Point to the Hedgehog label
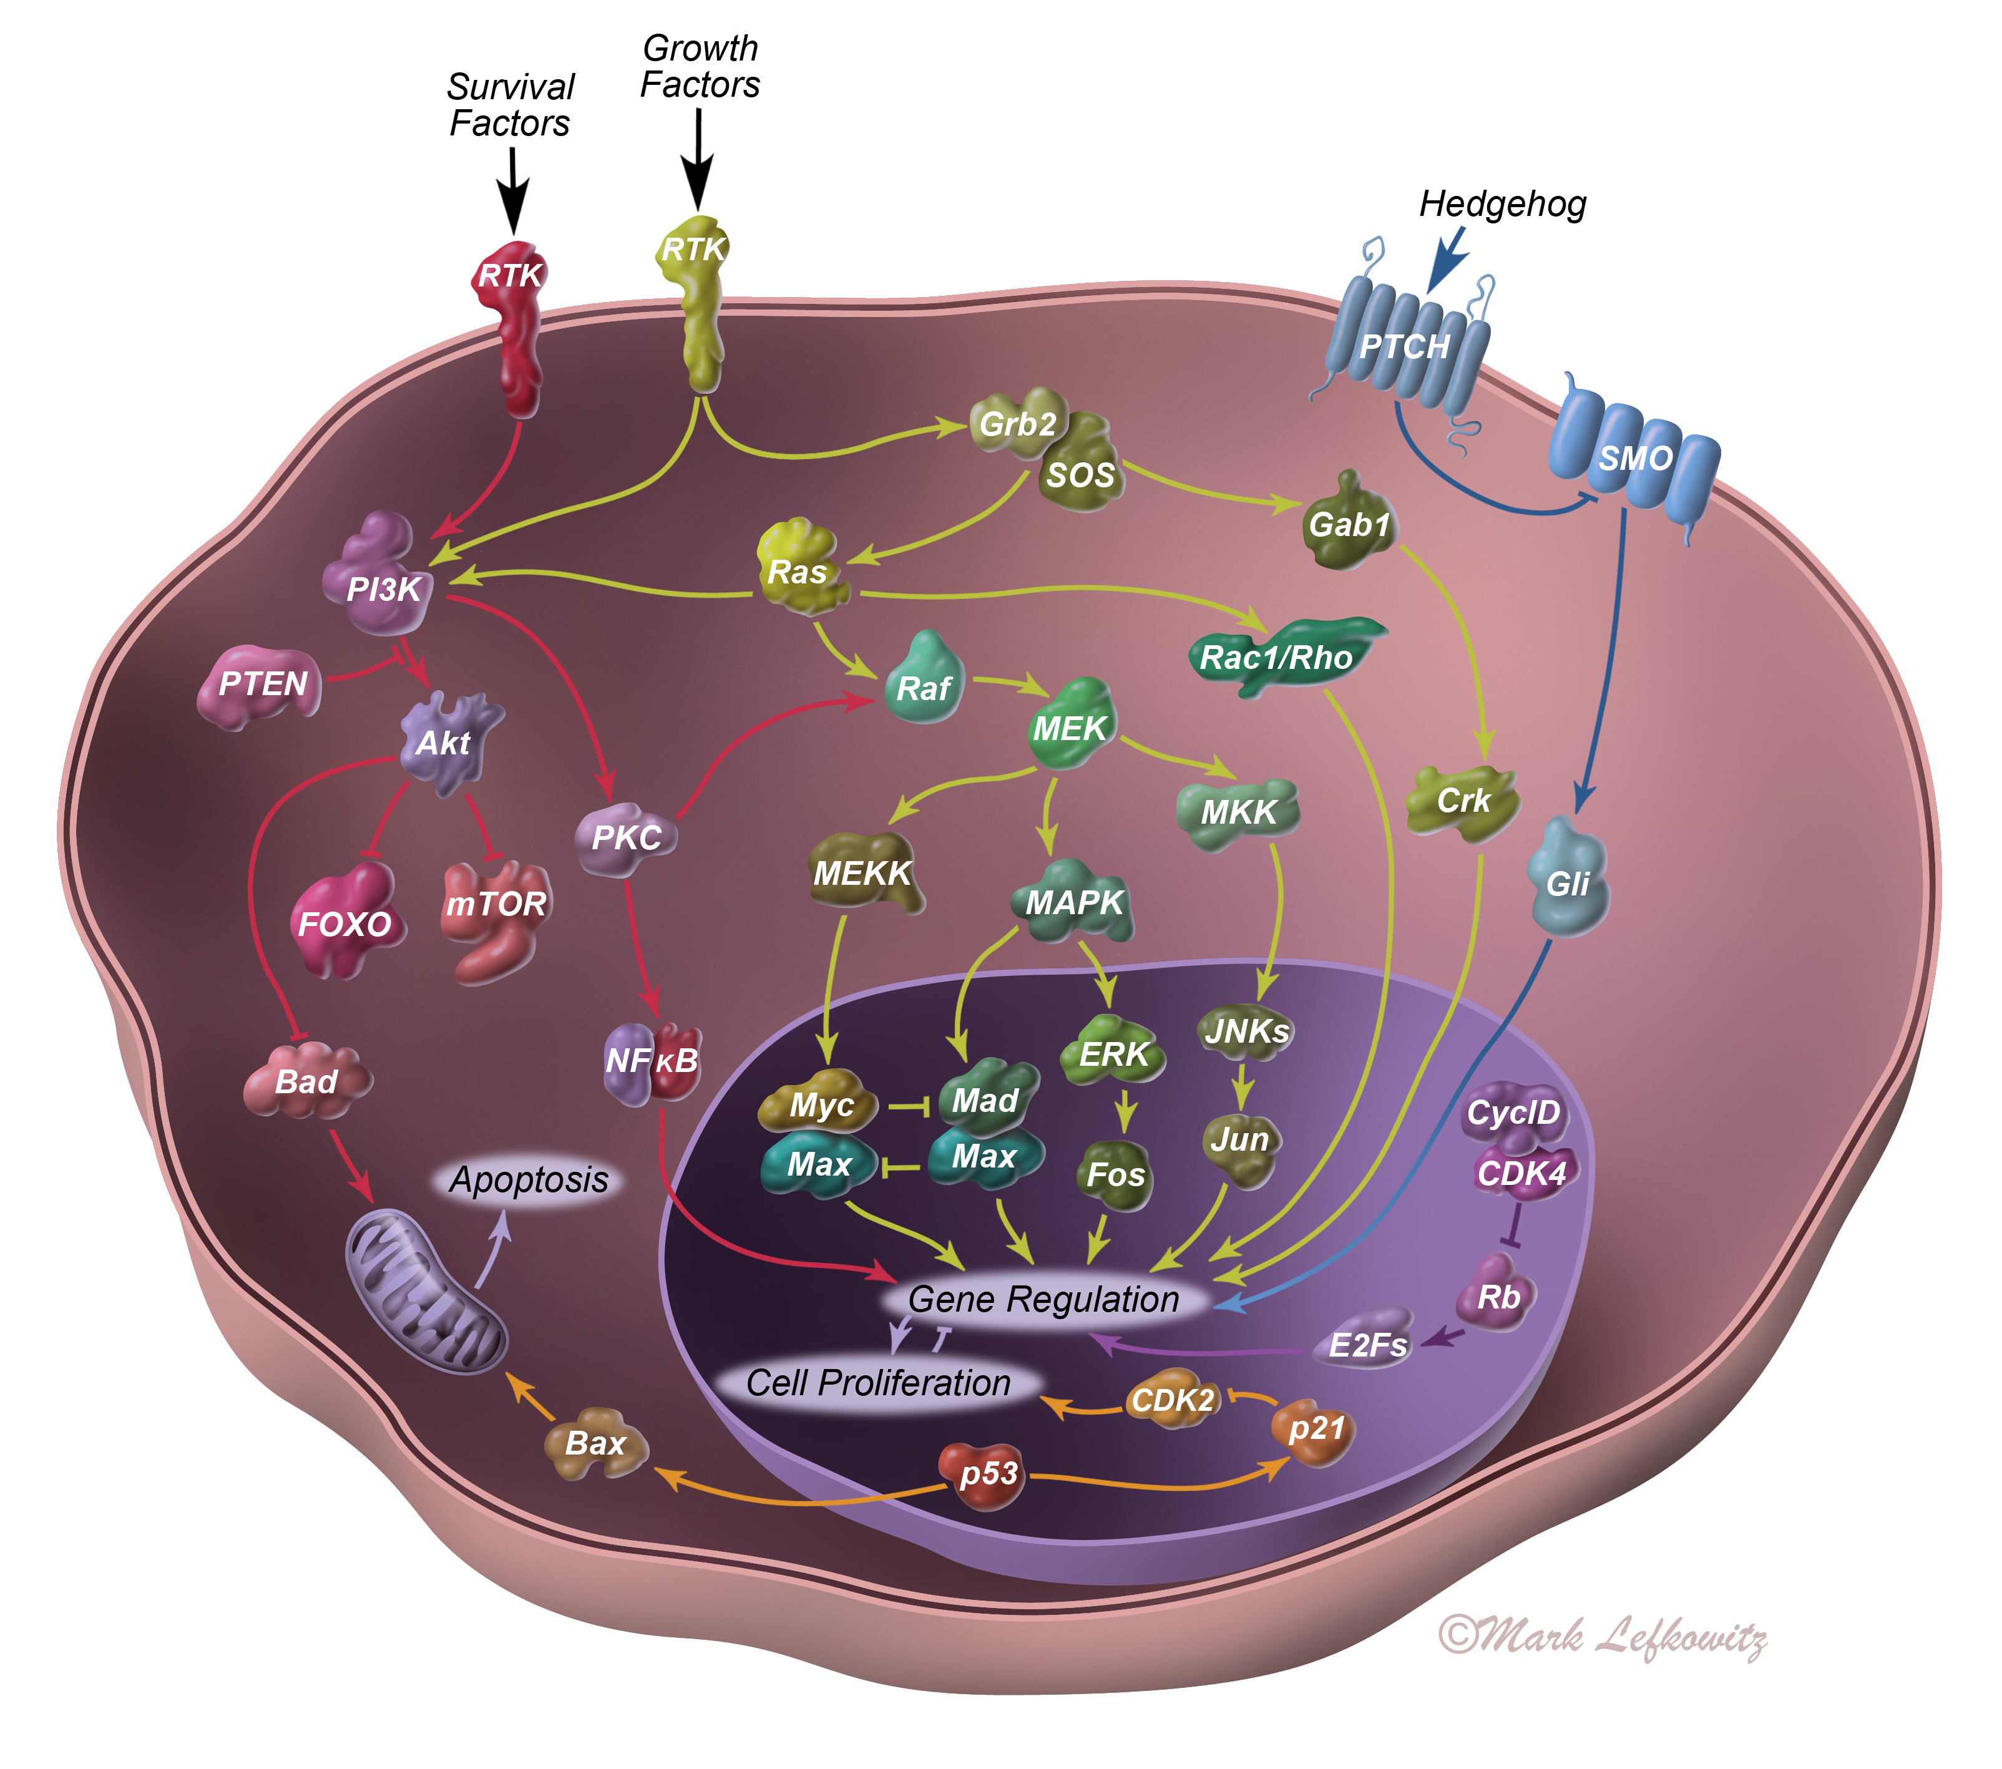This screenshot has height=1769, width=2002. [1501, 205]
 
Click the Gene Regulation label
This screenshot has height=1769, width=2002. [1043, 1299]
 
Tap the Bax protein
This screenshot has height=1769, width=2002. [595, 1443]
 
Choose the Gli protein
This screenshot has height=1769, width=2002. [1566, 882]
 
